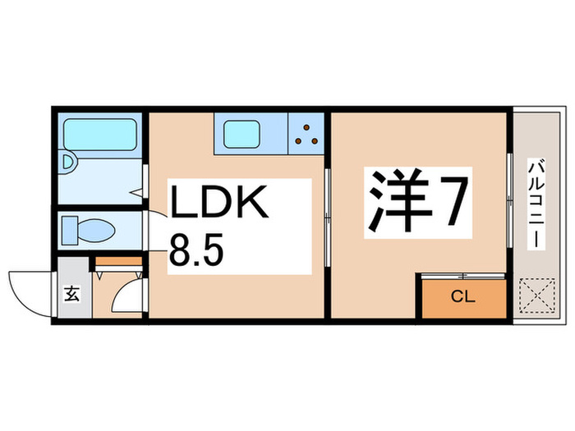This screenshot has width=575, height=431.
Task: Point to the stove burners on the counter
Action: point(308,133)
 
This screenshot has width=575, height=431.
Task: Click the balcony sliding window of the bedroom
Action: point(511,205)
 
